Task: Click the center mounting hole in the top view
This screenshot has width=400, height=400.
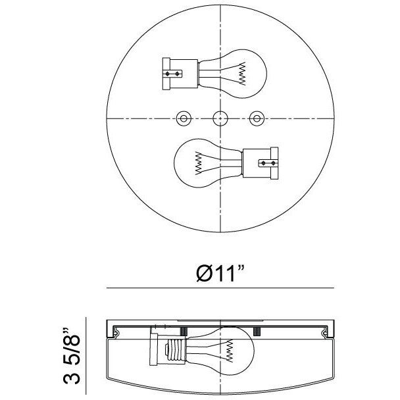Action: click(219, 118)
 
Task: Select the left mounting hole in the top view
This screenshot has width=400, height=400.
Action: click(183, 118)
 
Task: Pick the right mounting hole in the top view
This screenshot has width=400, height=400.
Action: click(256, 118)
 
